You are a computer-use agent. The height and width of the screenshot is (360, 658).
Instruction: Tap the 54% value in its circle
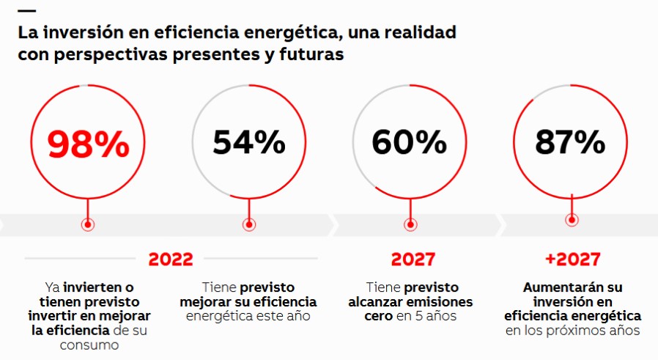coord(249,142)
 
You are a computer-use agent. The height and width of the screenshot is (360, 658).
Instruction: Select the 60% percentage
coord(410,142)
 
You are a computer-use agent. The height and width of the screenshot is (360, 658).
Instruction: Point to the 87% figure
coord(570,142)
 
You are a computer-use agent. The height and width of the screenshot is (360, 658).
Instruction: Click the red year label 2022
coord(171,259)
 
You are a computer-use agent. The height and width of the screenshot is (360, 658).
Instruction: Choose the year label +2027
coord(572,259)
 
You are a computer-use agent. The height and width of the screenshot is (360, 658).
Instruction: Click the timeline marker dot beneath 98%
coord(88,225)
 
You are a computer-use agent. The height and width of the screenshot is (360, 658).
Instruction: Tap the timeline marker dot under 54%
coord(249,225)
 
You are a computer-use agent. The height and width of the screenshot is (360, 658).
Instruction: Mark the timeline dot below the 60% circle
coord(410,225)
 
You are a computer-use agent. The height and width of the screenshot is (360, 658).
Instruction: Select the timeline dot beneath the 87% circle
coord(572,219)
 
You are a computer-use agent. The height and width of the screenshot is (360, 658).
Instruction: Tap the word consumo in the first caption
coord(89,344)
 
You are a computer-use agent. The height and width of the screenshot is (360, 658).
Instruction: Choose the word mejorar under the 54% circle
coord(212,302)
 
